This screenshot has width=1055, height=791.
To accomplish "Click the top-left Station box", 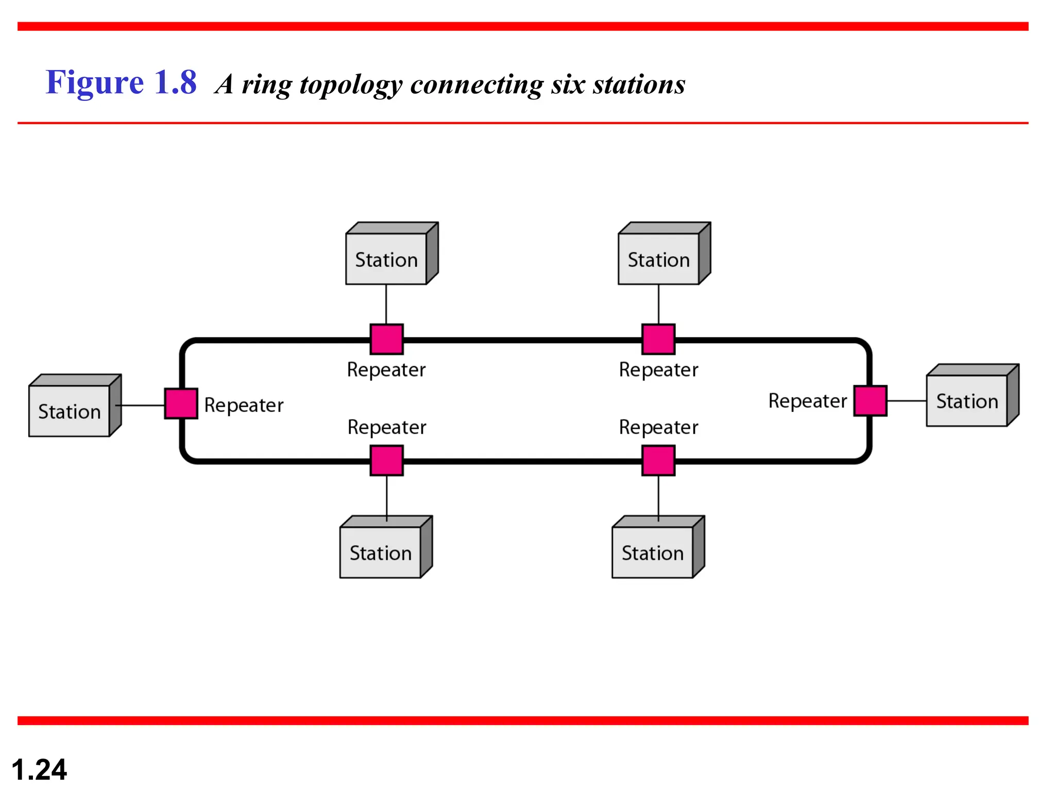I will (386, 258).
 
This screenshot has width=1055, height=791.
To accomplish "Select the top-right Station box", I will (658, 258).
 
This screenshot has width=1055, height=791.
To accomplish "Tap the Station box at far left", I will (70, 410).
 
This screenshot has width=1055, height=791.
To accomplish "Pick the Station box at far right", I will (967, 400).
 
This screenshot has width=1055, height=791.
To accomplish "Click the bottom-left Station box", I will (381, 552).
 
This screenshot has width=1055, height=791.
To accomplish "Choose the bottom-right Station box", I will (653, 552).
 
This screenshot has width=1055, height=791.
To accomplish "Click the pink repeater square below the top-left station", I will (386, 339).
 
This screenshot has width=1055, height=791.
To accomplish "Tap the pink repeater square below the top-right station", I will (658, 339).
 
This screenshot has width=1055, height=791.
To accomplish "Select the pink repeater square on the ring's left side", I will (181, 404).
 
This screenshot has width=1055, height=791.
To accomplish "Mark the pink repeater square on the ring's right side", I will (870, 401).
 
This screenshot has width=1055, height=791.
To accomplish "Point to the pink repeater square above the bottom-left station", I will (386, 460).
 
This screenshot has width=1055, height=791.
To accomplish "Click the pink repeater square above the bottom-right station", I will (658, 460).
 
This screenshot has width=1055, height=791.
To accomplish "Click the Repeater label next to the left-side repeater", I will (244, 405).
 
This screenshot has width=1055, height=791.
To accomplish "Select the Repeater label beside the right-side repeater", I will (807, 401).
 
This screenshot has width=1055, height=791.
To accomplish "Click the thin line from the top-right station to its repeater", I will (658, 304).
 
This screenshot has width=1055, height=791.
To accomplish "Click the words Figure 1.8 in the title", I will (121, 82).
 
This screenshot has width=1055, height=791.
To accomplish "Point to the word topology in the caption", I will (351, 85).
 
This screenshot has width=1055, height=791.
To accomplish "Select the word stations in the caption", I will (639, 84).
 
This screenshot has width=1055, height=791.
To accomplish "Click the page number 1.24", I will (39, 769).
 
